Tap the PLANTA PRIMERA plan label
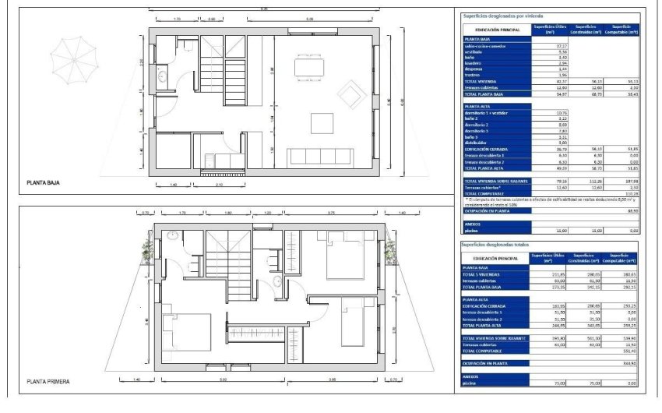48,382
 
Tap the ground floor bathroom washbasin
160,76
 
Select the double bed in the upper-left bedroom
186,332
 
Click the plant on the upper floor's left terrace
147,250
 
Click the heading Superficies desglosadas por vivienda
502,16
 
